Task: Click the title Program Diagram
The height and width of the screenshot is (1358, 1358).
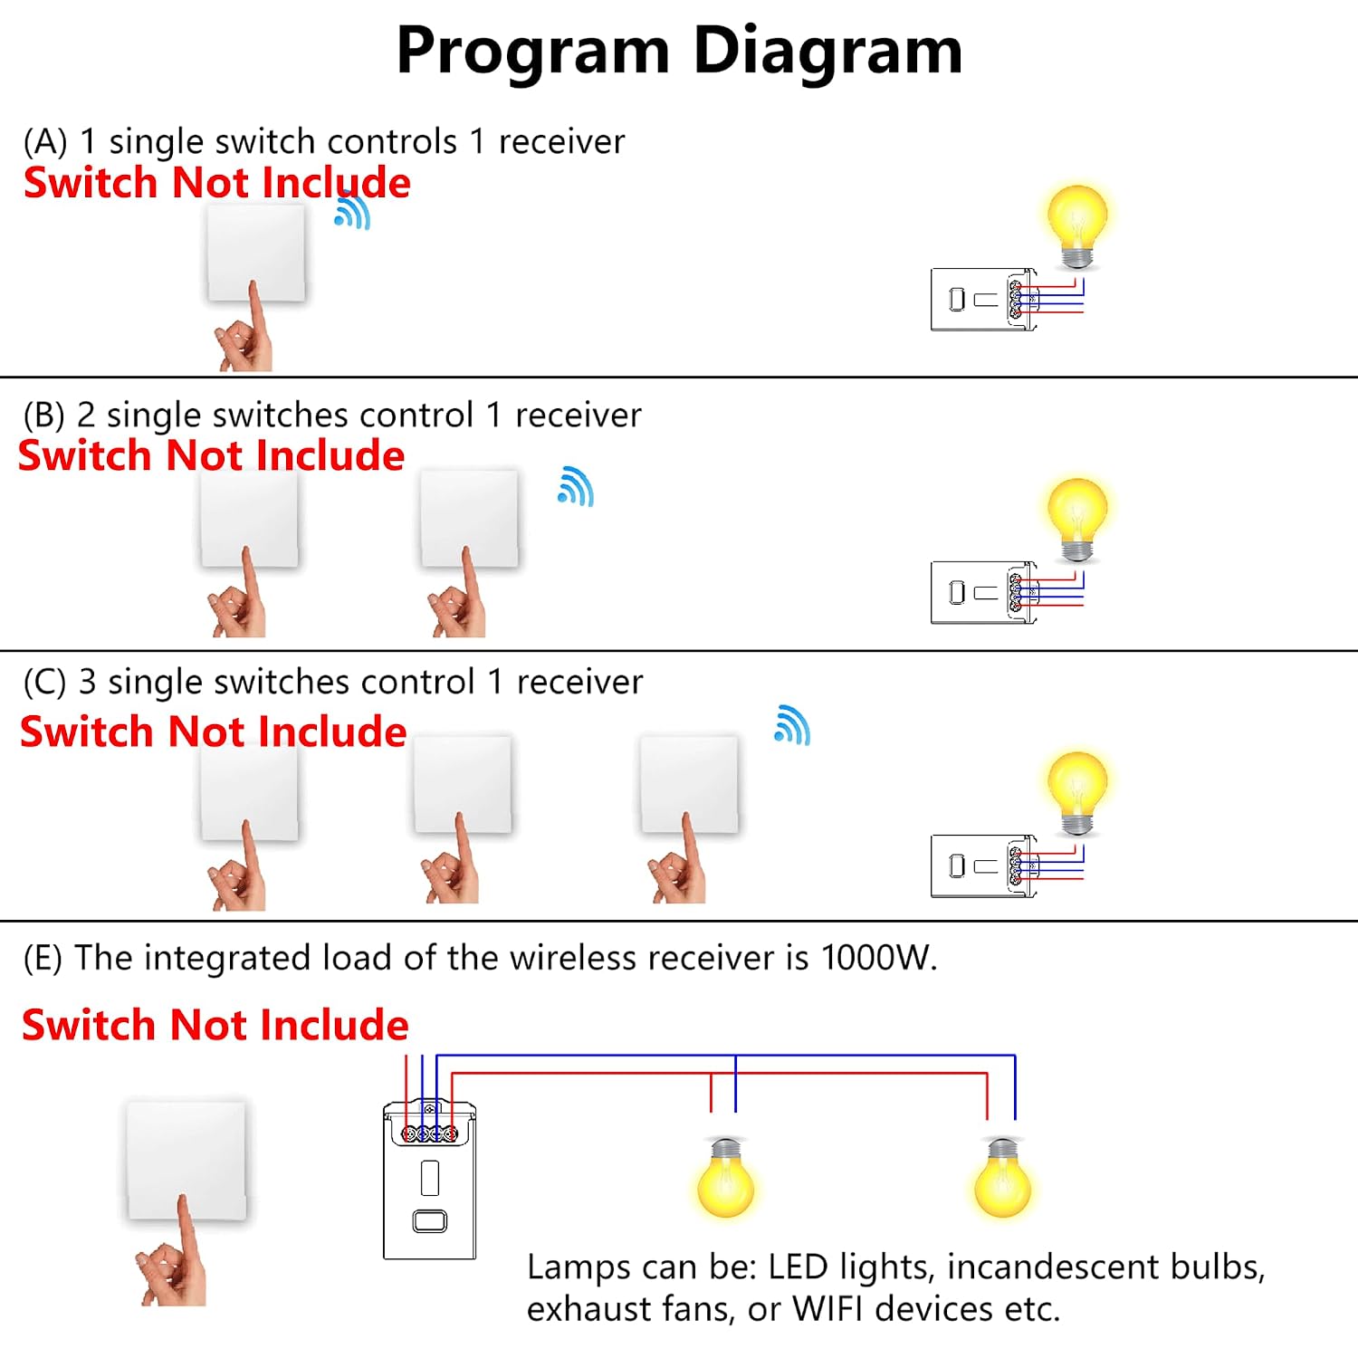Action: coord(679,52)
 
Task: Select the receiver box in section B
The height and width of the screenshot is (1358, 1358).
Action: coord(984,592)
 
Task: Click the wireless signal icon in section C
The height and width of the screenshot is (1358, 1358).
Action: coord(792,725)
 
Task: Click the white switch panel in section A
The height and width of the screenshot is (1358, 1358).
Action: coord(256,253)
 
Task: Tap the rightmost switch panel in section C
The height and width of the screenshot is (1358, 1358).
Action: coord(689,784)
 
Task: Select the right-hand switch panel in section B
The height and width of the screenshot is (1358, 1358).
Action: coord(469,519)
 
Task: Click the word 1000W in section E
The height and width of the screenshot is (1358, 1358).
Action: coord(878,958)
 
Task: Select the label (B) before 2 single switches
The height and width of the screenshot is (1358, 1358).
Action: coord(44,416)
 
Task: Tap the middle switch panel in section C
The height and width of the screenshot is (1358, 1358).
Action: coord(463,784)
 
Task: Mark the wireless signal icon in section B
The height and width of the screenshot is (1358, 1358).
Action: coord(576,486)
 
